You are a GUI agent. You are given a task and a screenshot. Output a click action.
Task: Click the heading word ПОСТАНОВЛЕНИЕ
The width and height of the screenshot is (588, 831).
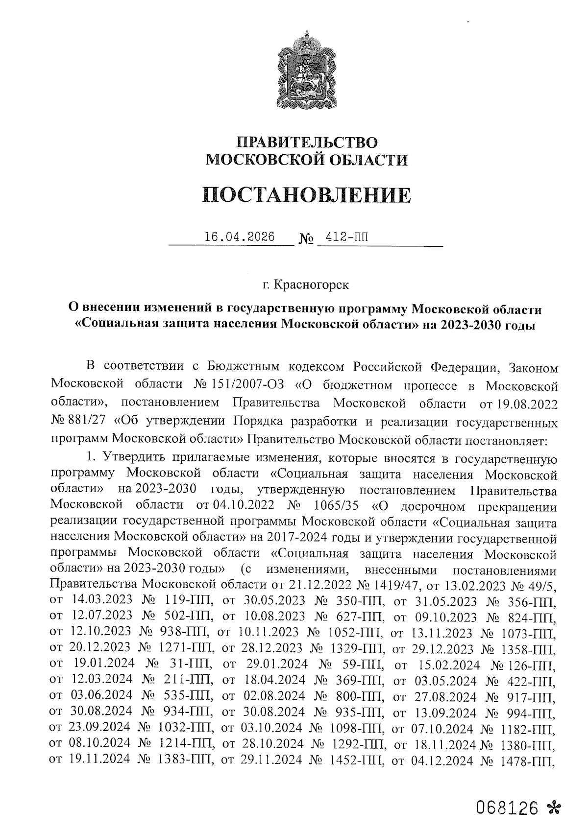[307, 195]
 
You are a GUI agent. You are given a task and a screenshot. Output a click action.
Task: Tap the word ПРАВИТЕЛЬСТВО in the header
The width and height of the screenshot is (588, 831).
[307, 142]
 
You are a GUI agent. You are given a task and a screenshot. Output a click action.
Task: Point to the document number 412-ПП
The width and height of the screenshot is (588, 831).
[343, 237]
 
